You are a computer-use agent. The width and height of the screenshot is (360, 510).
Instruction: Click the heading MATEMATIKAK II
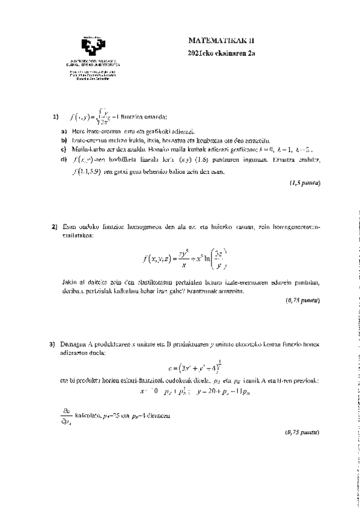pyautogui.click(x=222, y=41)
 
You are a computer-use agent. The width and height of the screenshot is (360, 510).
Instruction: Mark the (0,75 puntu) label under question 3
pyautogui.click(x=302, y=432)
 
